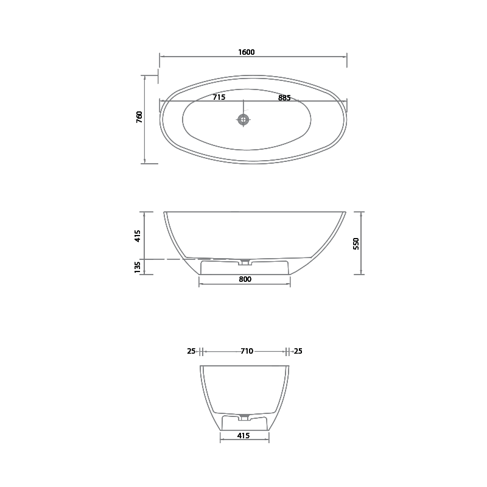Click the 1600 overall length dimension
[247, 52]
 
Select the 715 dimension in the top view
[219, 97]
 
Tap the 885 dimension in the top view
[284, 97]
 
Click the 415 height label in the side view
[138, 236]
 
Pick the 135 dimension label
[138, 267]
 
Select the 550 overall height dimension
[357, 243]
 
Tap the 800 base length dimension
[245, 279]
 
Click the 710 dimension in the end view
[247, 351]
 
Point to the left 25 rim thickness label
[191, 351]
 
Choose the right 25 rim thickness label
[298, 351]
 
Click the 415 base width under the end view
[244, 436]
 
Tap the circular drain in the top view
[243, 119]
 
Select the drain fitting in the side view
[245, 262]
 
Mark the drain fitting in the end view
[244, 417]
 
